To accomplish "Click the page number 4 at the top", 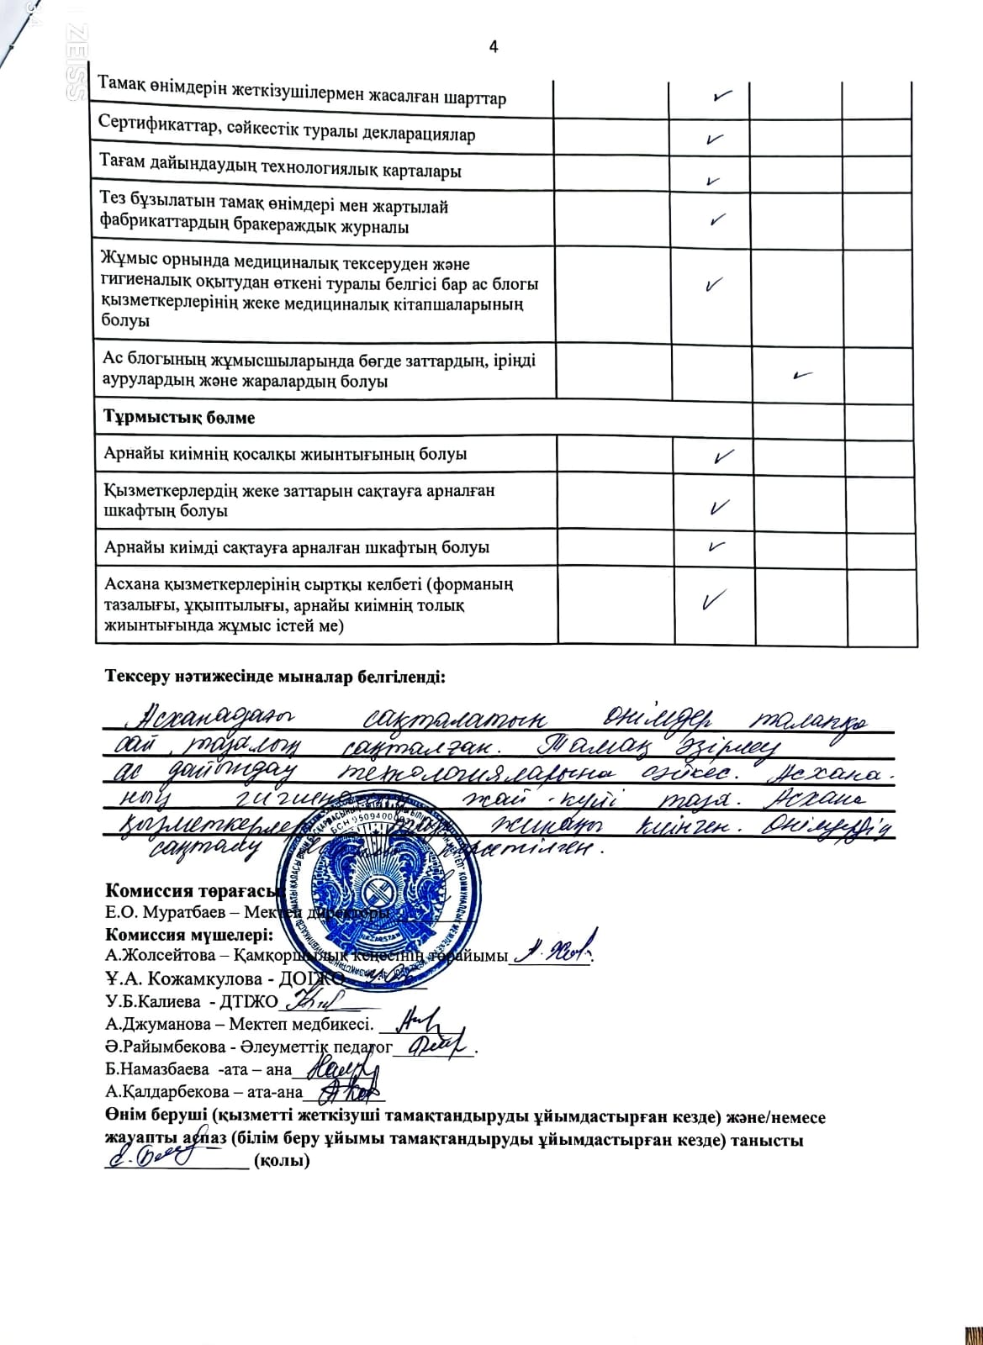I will [494, 47].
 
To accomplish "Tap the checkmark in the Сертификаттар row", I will [716, 138].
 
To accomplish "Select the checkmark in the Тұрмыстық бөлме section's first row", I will [721, 457].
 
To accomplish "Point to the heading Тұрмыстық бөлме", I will [179, 418].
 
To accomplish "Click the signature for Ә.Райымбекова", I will [437, 1046].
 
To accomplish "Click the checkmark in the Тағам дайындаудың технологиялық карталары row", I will [712, 179].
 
